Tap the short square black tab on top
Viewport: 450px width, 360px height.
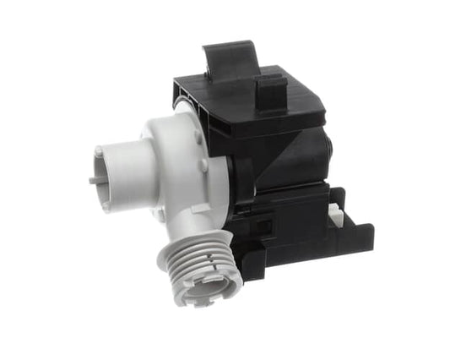tap(269, 85)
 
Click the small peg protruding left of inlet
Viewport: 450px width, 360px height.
tap(92, 179)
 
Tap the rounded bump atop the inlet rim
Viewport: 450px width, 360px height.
tap(99, 151)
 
